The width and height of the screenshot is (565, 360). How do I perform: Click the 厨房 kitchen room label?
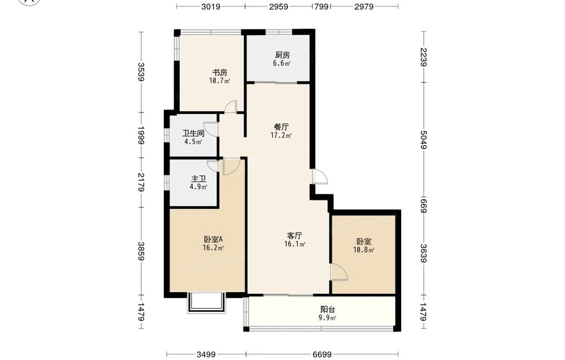click(282, 55)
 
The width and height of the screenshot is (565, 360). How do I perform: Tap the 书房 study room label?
click(219, 73)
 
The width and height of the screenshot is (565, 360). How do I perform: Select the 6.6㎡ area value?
click(282, 63)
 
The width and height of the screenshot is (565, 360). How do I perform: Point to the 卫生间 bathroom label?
click(193, 133)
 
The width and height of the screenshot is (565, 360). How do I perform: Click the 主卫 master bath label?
click(198, 179)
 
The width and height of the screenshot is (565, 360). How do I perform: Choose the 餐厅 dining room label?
click(281, 127)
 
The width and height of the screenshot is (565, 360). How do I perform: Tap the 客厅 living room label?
click(294, 236)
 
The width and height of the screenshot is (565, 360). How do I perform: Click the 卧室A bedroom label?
click(214, 239)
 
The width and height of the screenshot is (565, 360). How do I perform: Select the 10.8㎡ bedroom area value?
click(363, 250)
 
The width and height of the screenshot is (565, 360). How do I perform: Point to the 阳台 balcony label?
click(328, 309)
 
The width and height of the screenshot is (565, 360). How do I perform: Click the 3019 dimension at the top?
click(211, 6)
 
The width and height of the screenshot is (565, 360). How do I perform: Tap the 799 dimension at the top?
click(321, 6)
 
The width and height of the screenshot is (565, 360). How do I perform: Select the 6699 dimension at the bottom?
click(322, 354)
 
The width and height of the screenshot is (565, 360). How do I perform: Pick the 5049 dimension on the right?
click(424, 140)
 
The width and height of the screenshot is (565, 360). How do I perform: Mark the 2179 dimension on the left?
click(141, 183)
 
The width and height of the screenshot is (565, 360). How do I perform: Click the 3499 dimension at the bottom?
click(206, 354)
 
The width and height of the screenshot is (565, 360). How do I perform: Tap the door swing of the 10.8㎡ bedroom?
click(339, 272)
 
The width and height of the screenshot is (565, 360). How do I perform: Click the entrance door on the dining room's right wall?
click(320, 176)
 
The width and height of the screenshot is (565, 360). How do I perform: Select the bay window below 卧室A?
click(206, 303)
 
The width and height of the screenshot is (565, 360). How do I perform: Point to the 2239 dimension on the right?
click(424, 57)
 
